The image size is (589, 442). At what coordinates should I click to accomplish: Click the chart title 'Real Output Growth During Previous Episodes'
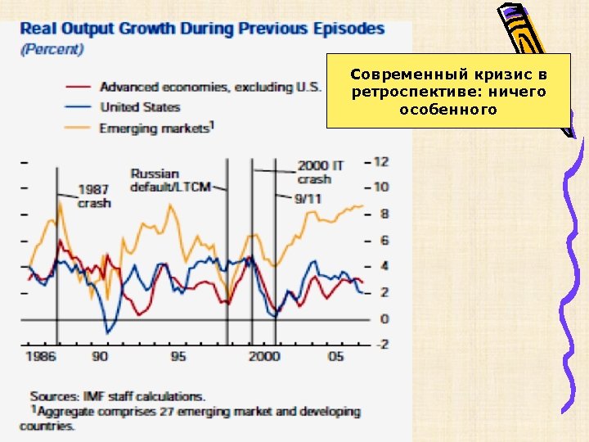point(202,29)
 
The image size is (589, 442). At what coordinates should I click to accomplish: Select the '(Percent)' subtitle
point(52,49)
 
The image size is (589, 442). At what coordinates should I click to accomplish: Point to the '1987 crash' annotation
point(94,196)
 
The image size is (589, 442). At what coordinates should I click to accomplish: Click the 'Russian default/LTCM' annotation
point(170,180)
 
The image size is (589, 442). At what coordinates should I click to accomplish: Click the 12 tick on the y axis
point(381,161)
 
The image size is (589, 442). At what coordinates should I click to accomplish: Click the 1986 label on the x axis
point(41,356)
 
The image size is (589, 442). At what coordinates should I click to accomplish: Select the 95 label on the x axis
point(178,356)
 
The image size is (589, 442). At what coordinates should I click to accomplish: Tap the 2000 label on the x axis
point(263,356)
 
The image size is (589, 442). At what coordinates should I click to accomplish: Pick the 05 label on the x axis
point(335,356)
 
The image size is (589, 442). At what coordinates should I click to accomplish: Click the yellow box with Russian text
point(448,91)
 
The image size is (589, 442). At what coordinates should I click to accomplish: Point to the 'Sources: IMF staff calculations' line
point(118,397)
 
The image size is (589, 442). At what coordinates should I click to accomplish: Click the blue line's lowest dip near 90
point(107,331)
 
